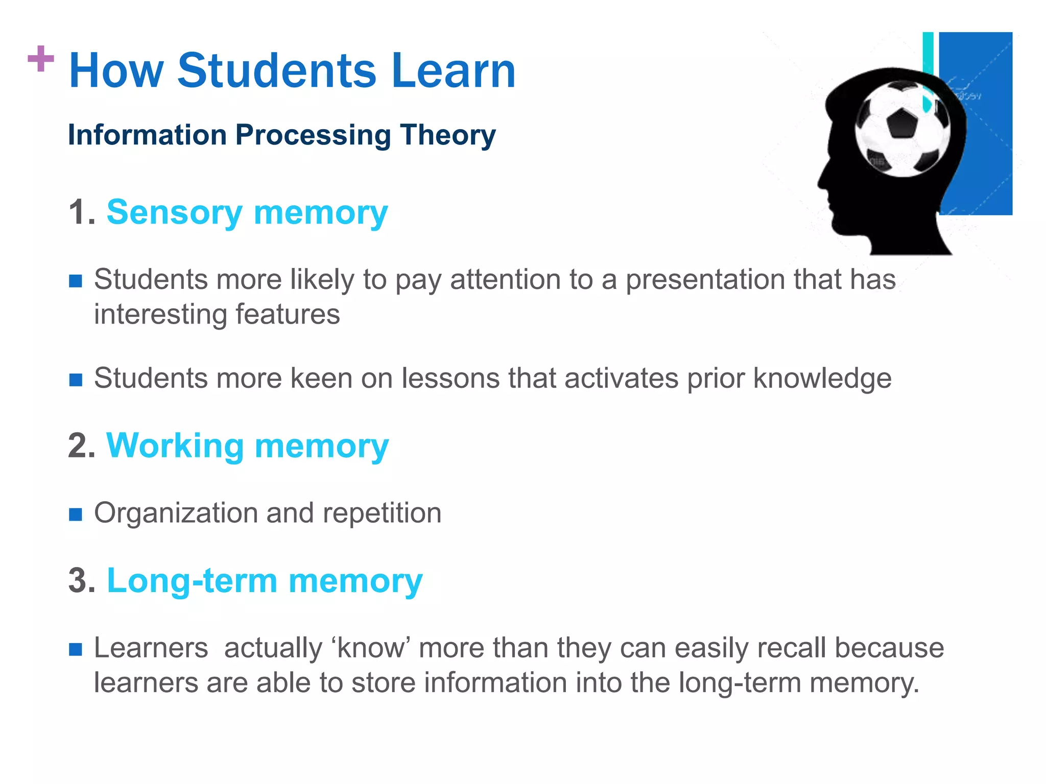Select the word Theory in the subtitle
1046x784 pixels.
pyautogui.click(x=447, y=135)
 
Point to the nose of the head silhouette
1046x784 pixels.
pyautogui.click(x=821, y=181)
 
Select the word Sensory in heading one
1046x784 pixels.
pyautogui.click(x=174, y=212)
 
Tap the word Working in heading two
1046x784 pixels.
pyautogui.click(x=175, y=446)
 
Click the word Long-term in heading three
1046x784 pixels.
pyautogui.click(x=192, y=580)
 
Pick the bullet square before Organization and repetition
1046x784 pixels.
pyautogui.click(x=76, y=514)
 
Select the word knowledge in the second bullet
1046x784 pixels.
pyautogui.click(x=822, y=378)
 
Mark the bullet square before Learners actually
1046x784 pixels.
pyautogui.click(x=76, y=649)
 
